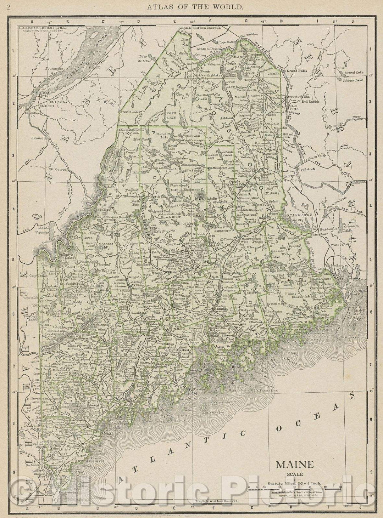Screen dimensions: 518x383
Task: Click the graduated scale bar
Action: pyautogui.click(x=294, y=488)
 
